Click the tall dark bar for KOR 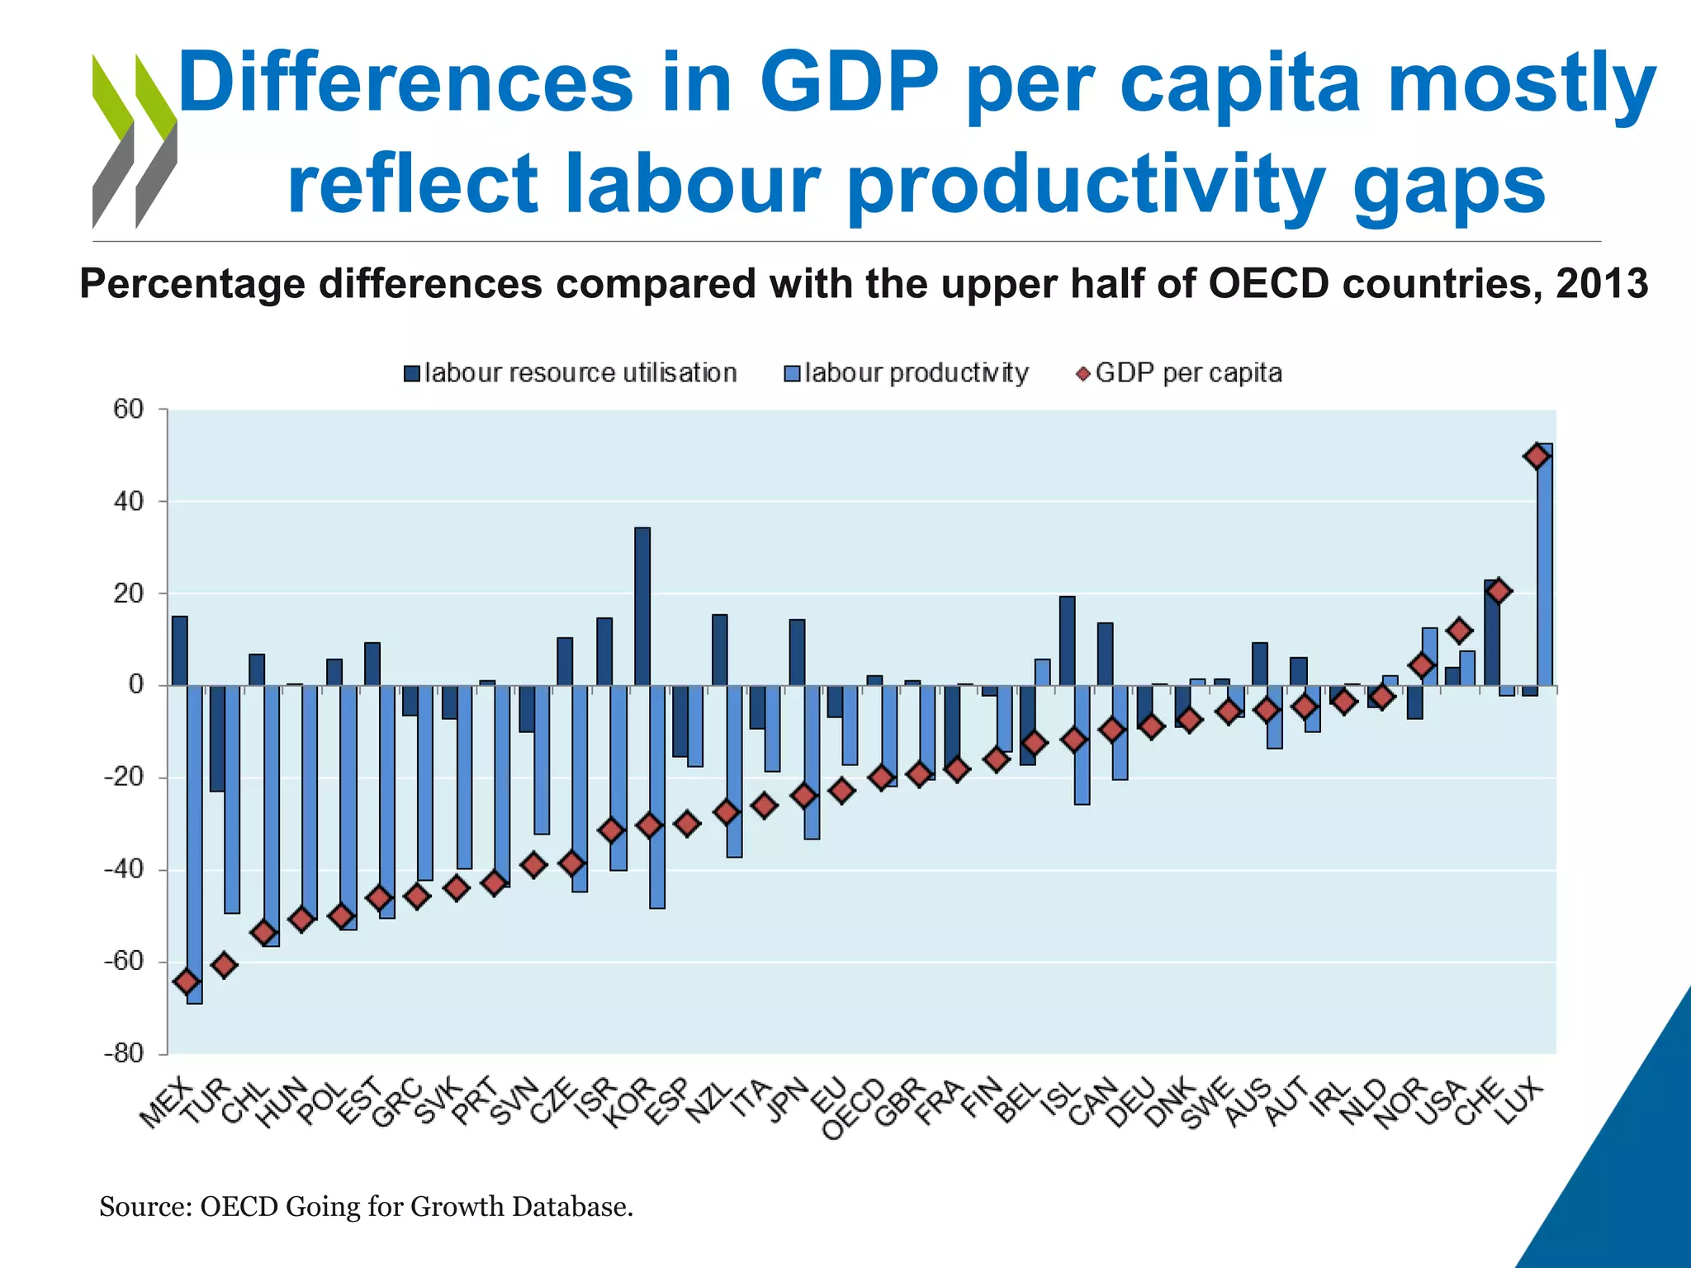click(x=642, y=606)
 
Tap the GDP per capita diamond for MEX click(x=187, y=982)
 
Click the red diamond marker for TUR click(x=225, y=964)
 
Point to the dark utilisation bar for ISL click(x=1067, y=641)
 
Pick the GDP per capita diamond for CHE click(x=1499, y=591)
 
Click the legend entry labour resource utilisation click(x=571, y=373)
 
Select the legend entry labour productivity click(x=907, y=373)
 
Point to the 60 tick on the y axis click(x=129, y=409)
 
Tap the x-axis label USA click(x=1440, y=1103)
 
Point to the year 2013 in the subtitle click(x=1602, y=283)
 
